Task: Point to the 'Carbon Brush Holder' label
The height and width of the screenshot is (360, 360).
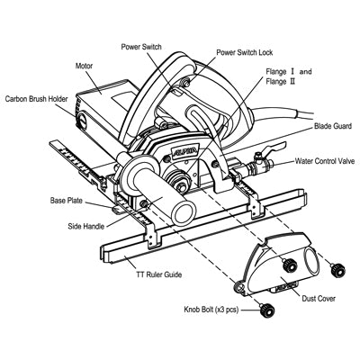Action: tap(37, 100)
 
